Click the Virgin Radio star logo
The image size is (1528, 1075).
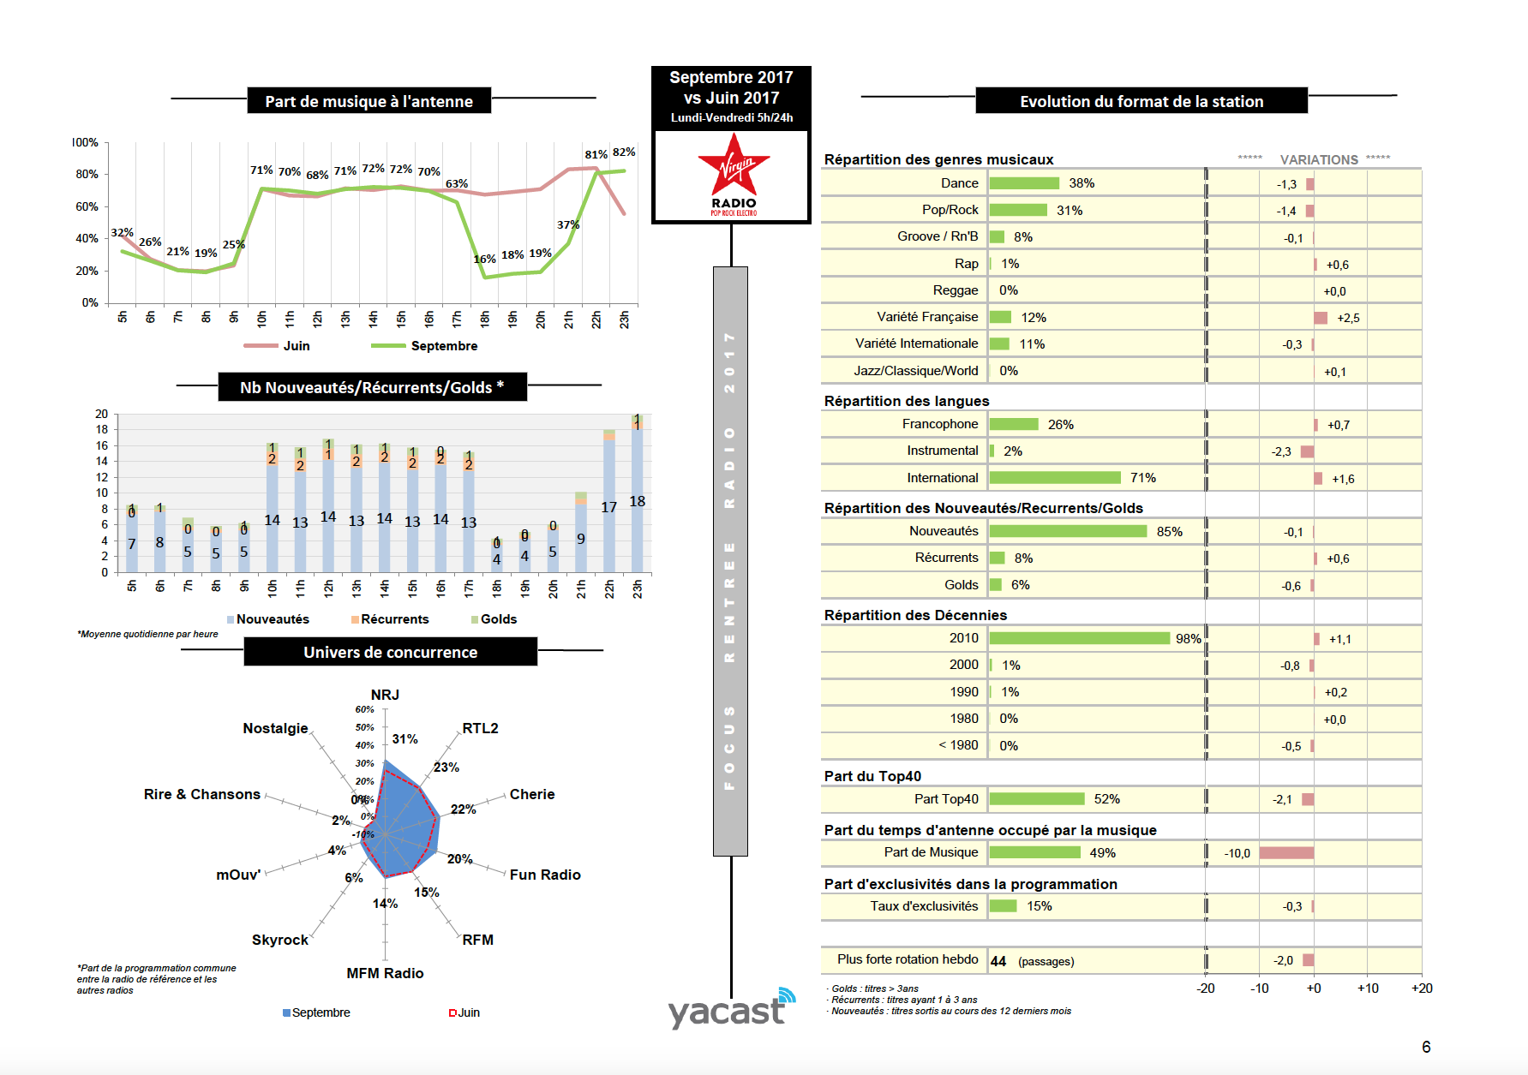[733, 172]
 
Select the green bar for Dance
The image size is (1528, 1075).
[1024, 183]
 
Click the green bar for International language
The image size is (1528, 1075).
[1054, 478]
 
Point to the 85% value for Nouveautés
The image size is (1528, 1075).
[1169, 532]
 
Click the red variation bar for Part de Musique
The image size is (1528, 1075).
[1285, 853]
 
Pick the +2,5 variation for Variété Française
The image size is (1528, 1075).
[1348, 319]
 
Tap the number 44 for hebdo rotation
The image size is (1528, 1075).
[998, 961]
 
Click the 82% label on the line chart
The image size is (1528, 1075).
[624, 152]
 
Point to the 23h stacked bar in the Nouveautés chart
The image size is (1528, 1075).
[637, 497]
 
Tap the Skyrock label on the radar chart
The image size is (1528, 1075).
[279, 940]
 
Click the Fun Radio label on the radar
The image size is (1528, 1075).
[545, 875]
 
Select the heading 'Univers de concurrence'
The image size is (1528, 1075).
[390, 653]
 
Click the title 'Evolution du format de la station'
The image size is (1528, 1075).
[1142, 102]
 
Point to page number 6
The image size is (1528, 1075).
[1426, 1047]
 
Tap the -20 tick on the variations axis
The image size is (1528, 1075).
[1205, 988]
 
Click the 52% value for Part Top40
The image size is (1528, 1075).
[1106, 799]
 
